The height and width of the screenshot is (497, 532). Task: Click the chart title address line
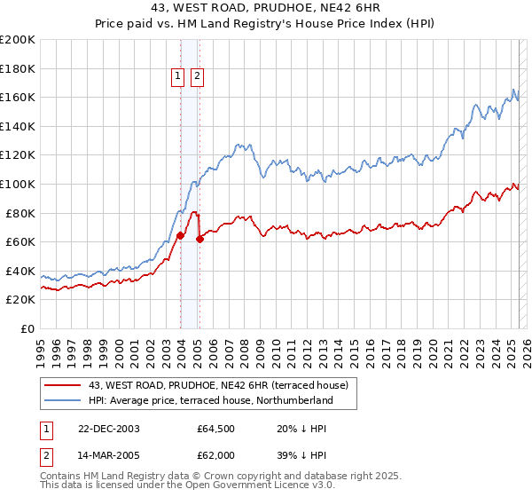(x=266, y=8)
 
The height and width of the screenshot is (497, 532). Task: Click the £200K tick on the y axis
(x=18, y=40)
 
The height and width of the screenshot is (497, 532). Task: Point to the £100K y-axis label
(x=18, y=184)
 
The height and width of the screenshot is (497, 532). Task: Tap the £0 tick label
(x=27, y=328)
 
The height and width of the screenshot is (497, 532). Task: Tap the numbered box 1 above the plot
(x=178, y=77)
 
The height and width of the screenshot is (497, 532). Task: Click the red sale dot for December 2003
(x=180, y=235)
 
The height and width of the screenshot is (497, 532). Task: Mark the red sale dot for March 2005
(x=199, y=239)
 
